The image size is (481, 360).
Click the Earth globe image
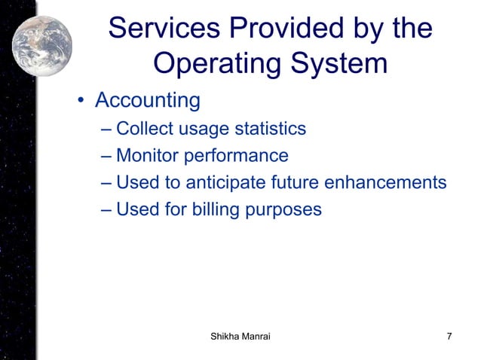(x=42, y=36)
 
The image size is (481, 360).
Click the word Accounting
(x=147, y=100)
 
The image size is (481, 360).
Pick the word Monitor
(x=147, y=156)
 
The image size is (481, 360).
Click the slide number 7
(x=449, y=336)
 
